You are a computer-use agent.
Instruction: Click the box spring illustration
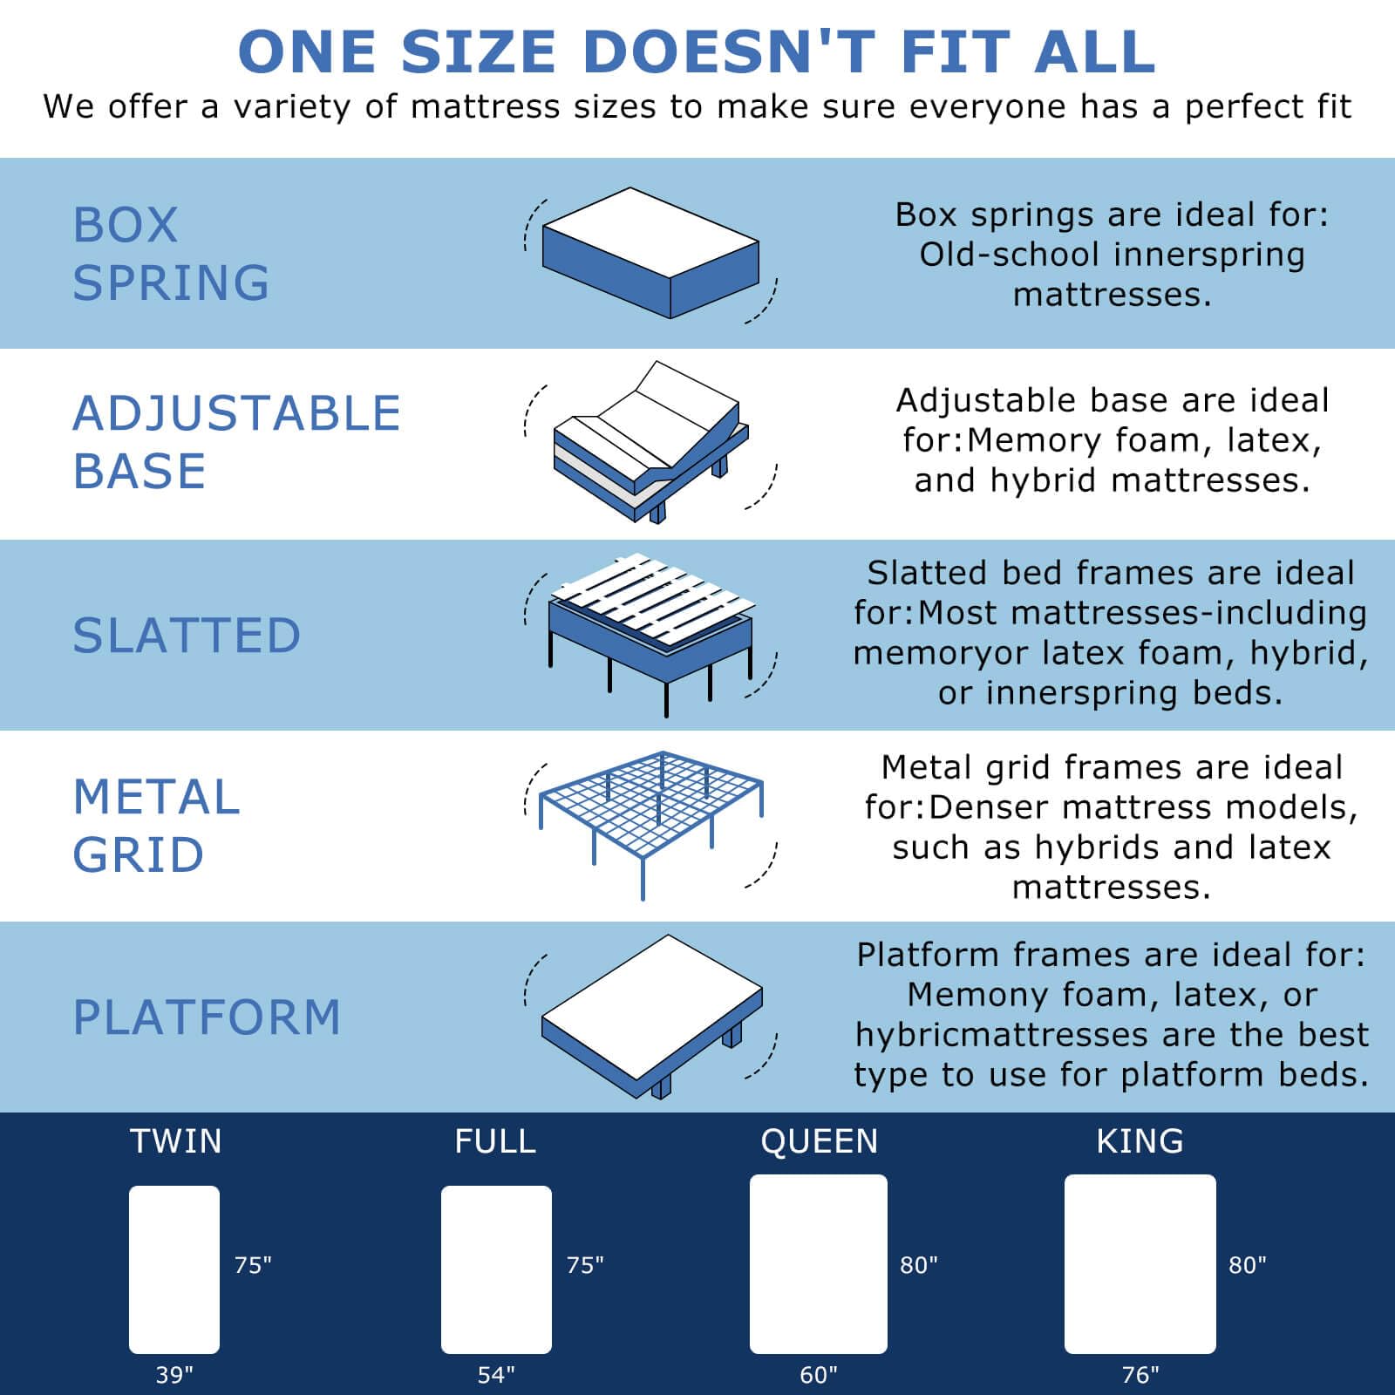coord(650,253)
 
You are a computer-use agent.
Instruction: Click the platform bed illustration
coord(652,1017)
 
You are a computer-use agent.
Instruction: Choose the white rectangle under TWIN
coord(174,1269)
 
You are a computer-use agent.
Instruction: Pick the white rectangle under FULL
coord(496,1269)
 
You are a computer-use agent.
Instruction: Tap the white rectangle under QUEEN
coord(819,1264)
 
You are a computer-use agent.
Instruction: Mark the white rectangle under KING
coord(1140,1264)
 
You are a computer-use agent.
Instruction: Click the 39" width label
coord(174,1375)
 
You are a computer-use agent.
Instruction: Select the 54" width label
coord(496,1375)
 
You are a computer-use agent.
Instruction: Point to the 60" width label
coord(819,1375)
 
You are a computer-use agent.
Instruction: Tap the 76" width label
coord(1140,1375)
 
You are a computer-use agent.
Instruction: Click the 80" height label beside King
coord(1248,1265)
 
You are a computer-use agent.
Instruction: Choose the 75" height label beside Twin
coord(253,1265)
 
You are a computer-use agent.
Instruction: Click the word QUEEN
coord(820,1141)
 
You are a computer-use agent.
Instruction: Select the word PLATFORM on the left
coord(207,1017)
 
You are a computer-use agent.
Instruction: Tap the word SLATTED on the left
coord(187,635)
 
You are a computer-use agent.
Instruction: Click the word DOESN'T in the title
coord(729,52)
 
